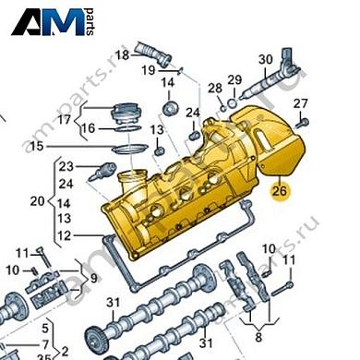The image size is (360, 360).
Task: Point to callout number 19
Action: coord(149,70)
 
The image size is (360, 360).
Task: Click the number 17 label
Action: coord(64,120)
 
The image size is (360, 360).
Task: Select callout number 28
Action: coord(215,89)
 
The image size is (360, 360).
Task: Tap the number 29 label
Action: coord(234,79)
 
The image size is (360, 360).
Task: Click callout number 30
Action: coord(266,60)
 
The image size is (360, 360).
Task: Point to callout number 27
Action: coord(301,102)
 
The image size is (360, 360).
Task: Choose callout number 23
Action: coord(66,166)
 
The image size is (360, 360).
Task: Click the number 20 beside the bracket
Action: coord(37,200)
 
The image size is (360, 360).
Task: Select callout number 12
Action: coord(62,236)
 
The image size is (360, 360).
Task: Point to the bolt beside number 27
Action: coord(304,120)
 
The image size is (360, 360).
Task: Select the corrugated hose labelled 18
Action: coord(153,53)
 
